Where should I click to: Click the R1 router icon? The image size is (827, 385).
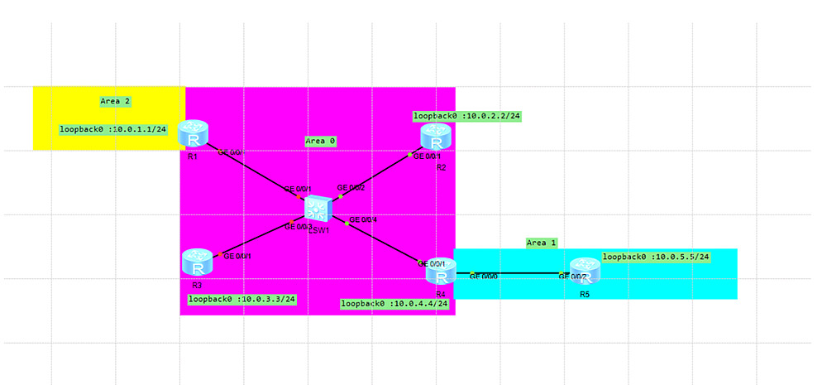[195, 132]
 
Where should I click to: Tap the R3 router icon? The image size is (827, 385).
[197, 262]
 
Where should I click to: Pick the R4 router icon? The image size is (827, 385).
[441, 270]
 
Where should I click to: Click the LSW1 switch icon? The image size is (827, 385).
[317, 208]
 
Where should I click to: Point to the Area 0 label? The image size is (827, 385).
[320, 141]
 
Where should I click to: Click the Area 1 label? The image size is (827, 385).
[542, 243]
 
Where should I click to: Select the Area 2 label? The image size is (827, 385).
[115, 101]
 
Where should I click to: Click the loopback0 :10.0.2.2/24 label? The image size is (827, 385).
[466, 116]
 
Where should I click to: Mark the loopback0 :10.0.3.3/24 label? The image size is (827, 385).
[242, 299]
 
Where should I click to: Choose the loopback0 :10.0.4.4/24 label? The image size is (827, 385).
[394, 304]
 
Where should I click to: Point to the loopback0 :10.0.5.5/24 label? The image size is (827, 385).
[656, 257]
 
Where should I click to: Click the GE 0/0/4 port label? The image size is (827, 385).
[363, 219]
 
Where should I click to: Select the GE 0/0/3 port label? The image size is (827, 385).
[299, 226]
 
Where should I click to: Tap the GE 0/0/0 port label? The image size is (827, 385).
[484, 276]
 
